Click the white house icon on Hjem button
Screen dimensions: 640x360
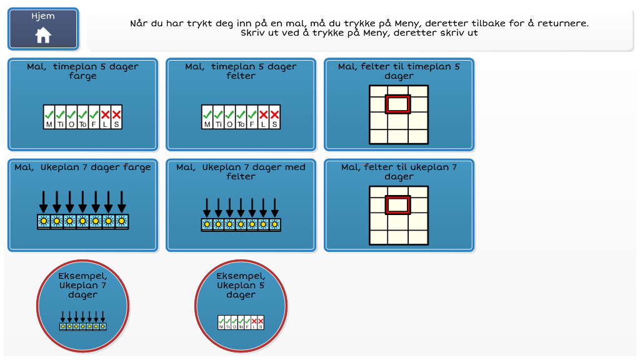pos(43,35)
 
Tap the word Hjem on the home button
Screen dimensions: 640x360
pos(43,16)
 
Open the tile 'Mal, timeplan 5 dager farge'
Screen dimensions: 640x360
pos(83,104)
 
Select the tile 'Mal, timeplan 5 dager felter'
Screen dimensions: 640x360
pos(241,104)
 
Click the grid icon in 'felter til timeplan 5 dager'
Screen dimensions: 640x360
pos(399,115)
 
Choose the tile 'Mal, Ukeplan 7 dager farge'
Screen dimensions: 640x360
pos(83,205)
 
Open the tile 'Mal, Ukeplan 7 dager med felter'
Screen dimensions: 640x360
pos(241,205)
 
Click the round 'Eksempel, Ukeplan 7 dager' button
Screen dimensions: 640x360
pos(83,306)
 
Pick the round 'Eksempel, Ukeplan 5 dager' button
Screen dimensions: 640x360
pos(241,306)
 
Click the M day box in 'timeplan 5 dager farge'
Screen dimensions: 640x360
pos(49,117)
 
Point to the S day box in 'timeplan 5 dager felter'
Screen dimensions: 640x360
pos(275,117)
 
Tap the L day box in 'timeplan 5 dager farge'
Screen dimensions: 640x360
pos(105,117)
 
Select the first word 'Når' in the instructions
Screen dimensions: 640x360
pos(139,23)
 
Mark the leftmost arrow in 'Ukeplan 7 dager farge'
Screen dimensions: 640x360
pos(44,201)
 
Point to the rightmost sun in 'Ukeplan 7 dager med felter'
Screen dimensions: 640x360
pos(275,224)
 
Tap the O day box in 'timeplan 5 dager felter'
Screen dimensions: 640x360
pos(229,117)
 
